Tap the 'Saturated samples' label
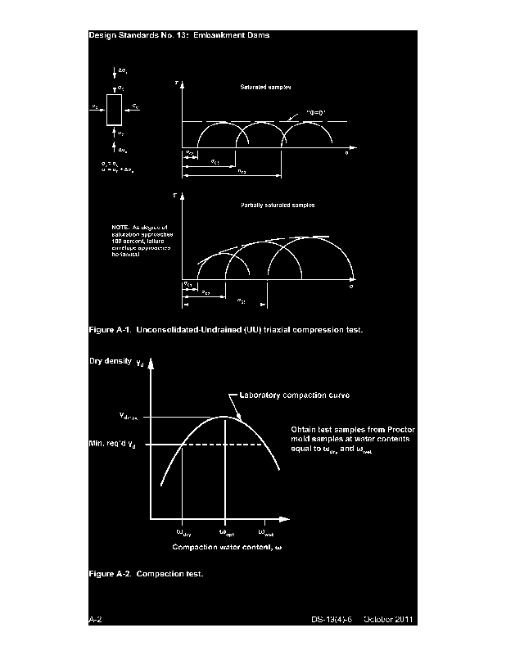[266, 86]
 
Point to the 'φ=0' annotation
[318, 110]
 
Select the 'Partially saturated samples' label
[278, 205]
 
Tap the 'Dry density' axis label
[110, 361]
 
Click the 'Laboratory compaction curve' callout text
[300, 395]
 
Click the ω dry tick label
[183, 532]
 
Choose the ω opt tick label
[227, 532]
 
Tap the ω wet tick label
[266, 532]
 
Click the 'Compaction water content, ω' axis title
[227, 546]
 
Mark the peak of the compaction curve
[225, 416]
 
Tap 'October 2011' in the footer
[391, 620]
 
